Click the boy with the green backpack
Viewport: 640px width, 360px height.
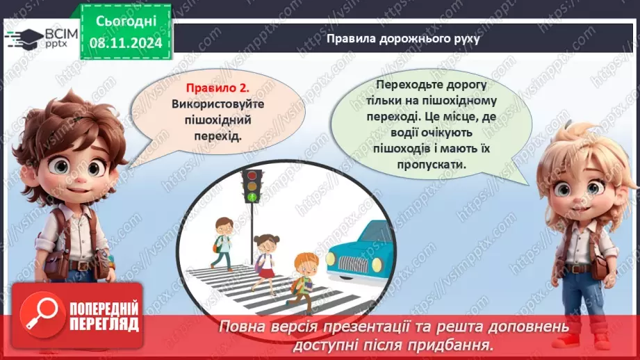coord(222,243)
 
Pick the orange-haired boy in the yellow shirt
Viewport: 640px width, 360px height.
coord(302,279)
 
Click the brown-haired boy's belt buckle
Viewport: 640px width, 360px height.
coord(84,265)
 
